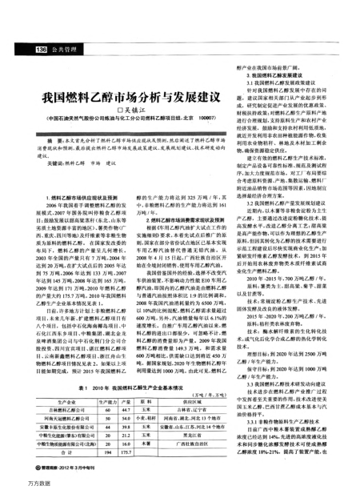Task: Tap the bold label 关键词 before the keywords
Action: pos(54,162)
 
